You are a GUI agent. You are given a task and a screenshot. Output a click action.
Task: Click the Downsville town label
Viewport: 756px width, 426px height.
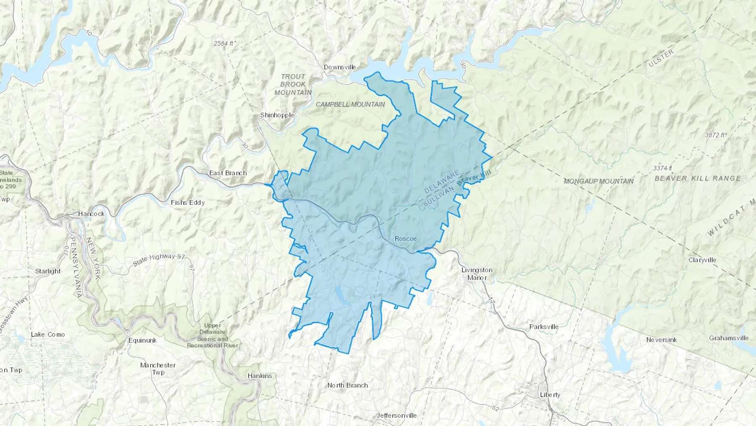[x=340, y=67]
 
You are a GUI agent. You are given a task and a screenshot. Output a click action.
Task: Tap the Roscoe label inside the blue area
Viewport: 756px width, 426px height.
[x=406, y=239]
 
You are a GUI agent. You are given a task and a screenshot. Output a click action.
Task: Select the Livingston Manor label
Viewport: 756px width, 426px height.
[x=477, y=274]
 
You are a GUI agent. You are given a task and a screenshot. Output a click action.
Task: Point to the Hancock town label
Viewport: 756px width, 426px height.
[x=91, y=214]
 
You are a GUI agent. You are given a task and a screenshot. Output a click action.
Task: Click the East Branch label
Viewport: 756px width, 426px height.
[x=228, y=173]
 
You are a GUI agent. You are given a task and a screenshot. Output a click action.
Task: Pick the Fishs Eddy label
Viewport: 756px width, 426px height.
[x=188, y=203]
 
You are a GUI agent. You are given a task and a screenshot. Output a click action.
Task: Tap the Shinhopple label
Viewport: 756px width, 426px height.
[x=277, y=115]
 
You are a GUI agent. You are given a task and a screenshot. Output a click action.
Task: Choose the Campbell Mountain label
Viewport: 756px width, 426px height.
[x=350, y=104]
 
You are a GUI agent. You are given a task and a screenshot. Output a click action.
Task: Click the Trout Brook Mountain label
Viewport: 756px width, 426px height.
[x=293, y=85]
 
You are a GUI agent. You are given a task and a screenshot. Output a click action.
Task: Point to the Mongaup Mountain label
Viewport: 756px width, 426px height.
[x=598, y=181]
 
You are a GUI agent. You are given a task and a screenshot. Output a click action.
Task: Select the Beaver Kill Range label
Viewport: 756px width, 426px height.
[x=698, y=178]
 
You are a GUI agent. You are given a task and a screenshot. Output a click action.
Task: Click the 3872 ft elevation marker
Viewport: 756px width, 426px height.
[x=716, y=135]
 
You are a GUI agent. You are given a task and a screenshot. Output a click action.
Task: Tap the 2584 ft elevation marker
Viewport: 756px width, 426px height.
[x=225, y=43]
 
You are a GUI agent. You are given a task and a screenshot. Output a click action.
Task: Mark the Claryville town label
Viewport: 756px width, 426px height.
[x=702, y=260]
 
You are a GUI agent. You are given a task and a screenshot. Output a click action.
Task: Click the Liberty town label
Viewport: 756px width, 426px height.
[x=550, y=395]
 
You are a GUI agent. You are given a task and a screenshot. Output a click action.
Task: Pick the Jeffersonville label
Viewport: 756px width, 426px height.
[x=396, y=415]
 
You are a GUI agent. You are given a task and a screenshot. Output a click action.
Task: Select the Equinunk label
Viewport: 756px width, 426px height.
[x=142, y=341]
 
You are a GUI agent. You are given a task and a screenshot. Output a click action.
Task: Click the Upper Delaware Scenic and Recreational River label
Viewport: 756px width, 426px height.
[x=213, y=336]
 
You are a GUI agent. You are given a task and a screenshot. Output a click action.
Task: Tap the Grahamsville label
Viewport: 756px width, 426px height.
[x=729, y=338]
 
